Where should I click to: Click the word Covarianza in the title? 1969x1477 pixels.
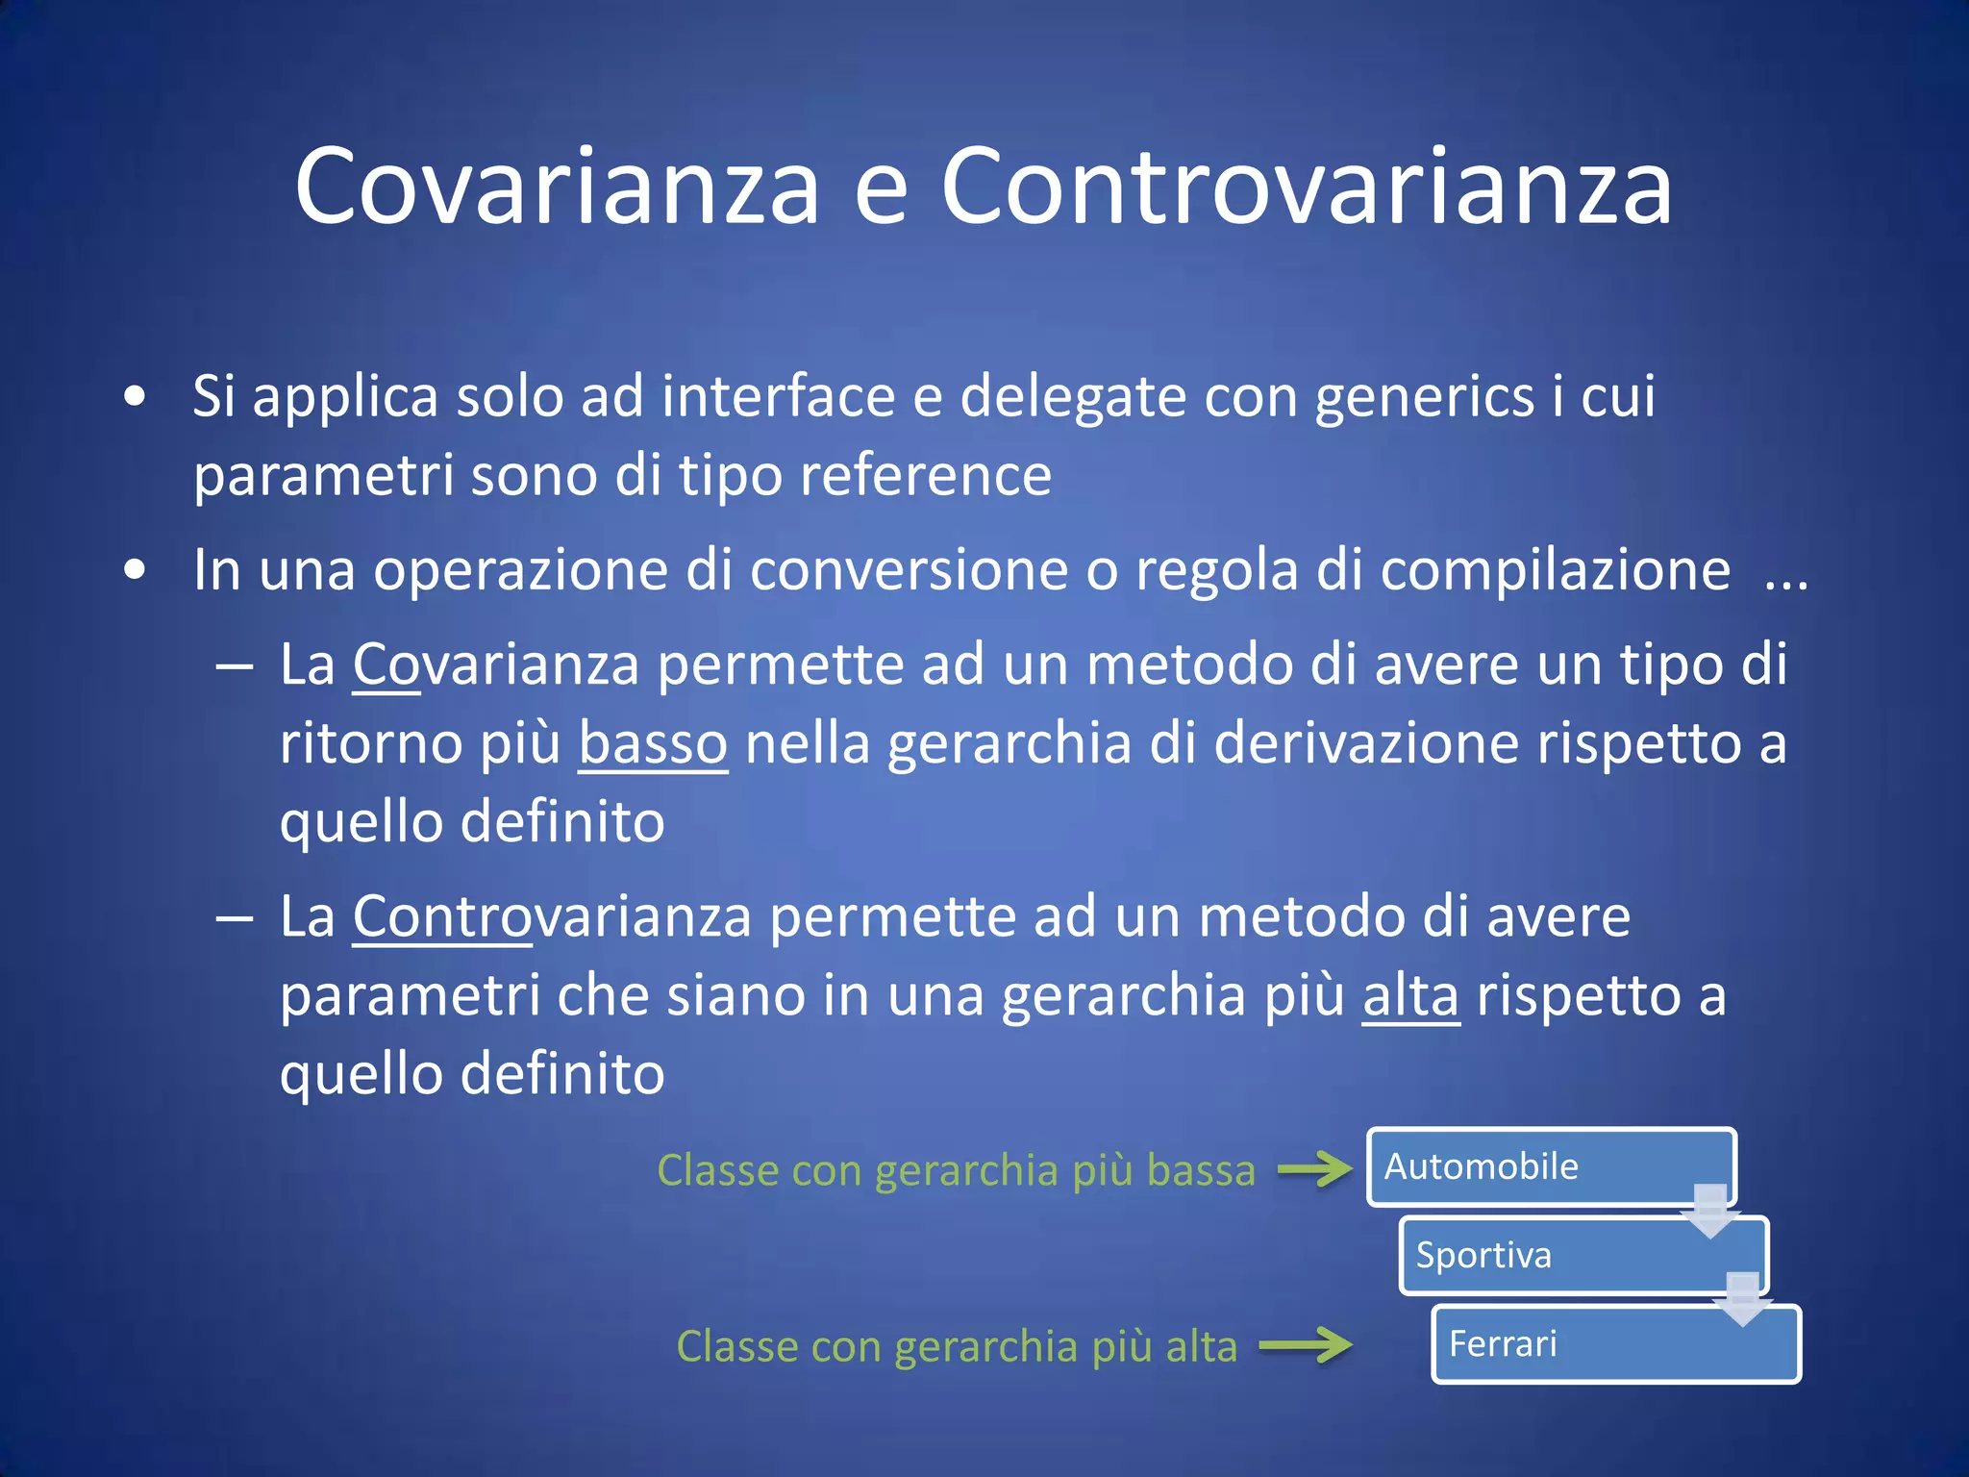pyautogui.click(x=557, y=187)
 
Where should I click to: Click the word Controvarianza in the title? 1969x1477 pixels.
pyautogui.click(x=1307, y=187)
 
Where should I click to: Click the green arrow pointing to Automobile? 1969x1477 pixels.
pyautogui.click(x=1314, y=1169)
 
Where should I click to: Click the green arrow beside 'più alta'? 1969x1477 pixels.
pyautogui.click(x=1305, y=1345)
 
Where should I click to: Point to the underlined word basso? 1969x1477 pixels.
pyautogui.click(x=653, y=743)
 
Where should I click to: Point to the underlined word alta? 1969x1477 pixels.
pyautogui.click(x=1410, y=995)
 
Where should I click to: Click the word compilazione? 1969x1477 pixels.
pyautogui.click(x=1555, y=569)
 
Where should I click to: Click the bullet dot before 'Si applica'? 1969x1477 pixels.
pyautogui.click(x=136, y=396)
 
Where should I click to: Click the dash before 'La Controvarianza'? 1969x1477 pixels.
pyautogui.click(x=235, y=917)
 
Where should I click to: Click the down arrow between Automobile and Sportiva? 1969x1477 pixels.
pyautogui.click(x=1710, y=1212)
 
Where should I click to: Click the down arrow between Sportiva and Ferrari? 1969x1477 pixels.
pyautogui.click(x=1743, y=1300)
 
